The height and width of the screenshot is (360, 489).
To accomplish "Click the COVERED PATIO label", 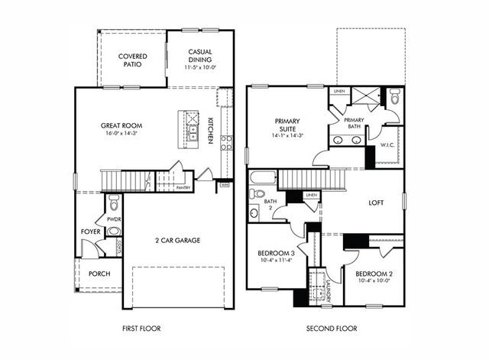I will coord(132,61).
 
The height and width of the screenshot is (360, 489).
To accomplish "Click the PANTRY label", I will coord(183,187).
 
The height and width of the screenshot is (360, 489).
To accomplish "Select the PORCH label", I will coord(99,272).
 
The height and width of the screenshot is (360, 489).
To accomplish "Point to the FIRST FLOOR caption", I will coord(143,328).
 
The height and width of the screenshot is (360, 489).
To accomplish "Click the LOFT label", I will coord(376,203).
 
